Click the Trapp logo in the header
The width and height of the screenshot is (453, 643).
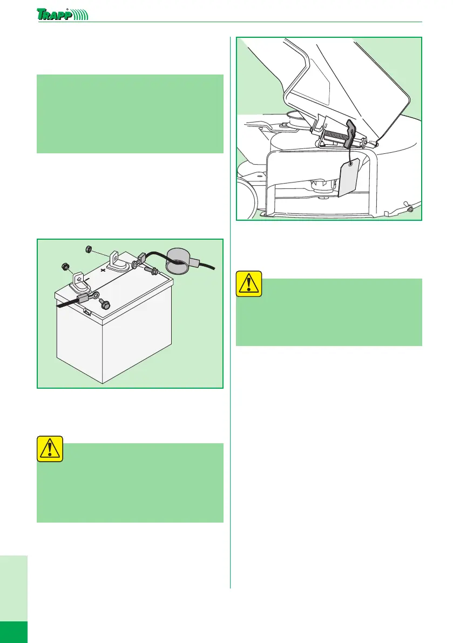pos(62,15)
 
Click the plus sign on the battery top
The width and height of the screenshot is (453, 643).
pos(103,270)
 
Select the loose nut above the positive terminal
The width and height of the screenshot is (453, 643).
pos(87,248)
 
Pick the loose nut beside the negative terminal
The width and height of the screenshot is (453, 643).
pos(64,267)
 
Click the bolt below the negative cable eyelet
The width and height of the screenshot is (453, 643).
pos(105,304)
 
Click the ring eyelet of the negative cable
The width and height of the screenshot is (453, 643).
pos(94,295)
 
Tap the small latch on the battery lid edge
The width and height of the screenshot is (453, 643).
pos(87,313)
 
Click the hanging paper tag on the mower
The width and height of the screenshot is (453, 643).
pos(348,178)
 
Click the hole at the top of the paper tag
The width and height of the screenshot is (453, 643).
pos(350,165)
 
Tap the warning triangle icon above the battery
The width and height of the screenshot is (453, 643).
pos(50,449)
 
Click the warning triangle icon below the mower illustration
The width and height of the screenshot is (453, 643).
pos(249,283)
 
